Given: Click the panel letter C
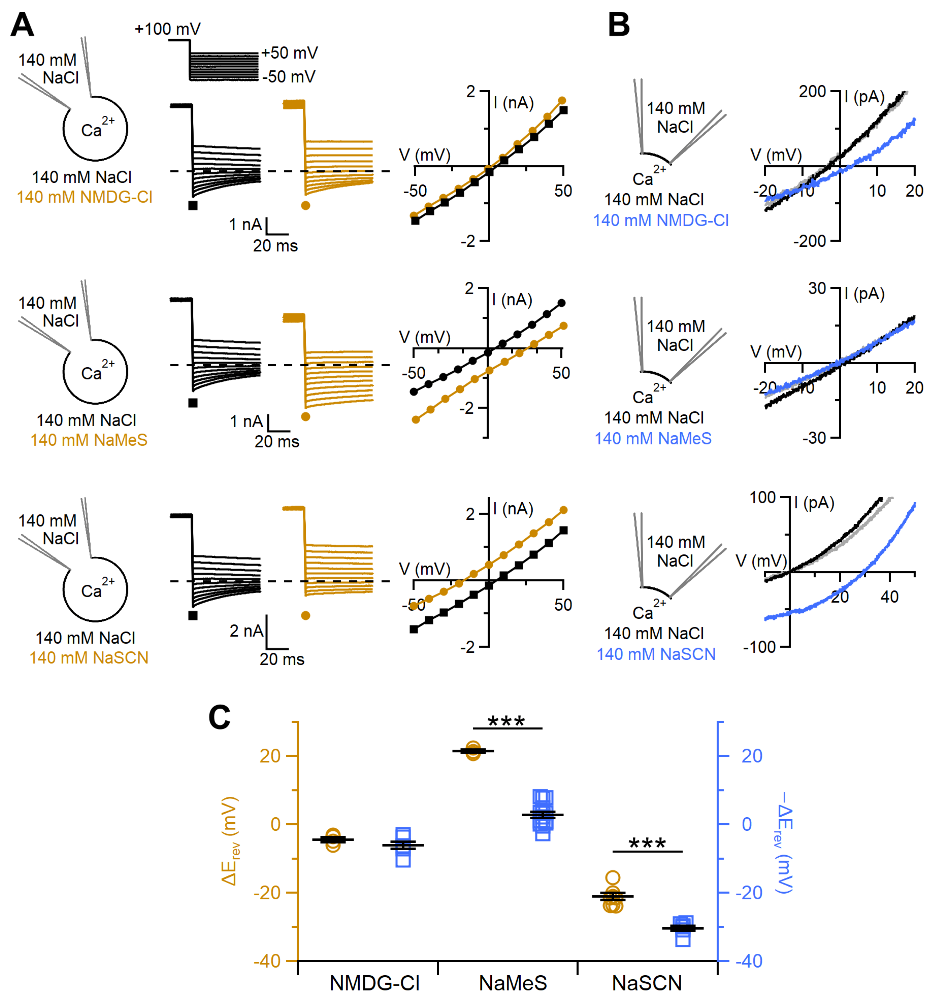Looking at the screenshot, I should coord(219,717).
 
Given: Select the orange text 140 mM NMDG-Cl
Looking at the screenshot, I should coord(85,197).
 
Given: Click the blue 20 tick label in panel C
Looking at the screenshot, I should coord(751,756).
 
